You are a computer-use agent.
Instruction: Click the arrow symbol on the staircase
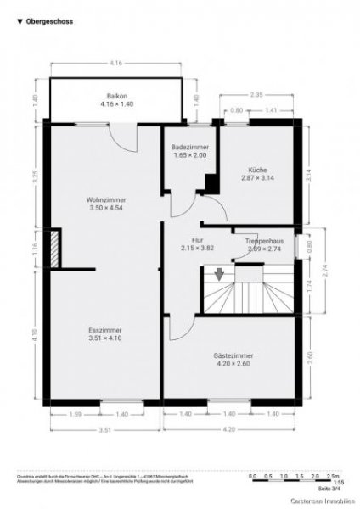coord(219,273)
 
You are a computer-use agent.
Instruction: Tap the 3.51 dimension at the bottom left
coord(105,429)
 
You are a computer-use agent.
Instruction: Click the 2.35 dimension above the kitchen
coord(256,95)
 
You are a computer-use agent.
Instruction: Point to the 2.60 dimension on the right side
coord(312,355)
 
